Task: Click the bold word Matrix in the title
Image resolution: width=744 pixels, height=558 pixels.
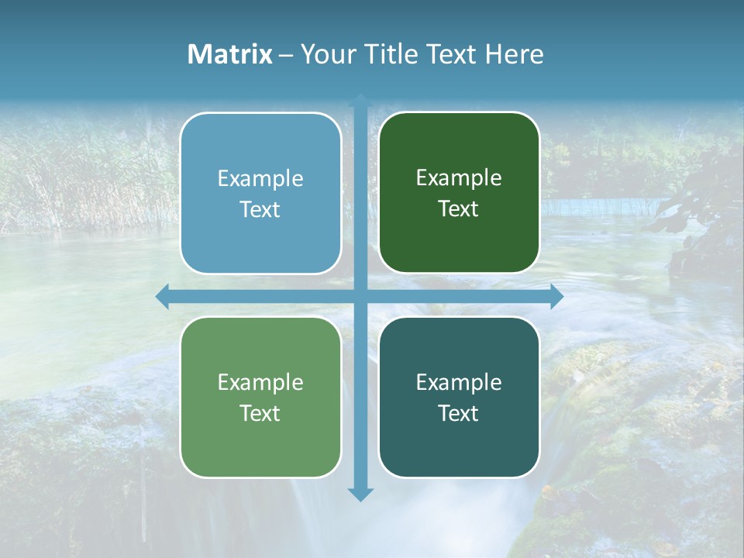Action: click(x=230, y=54)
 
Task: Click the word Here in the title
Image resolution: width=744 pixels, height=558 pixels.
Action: click(x=515, y=54)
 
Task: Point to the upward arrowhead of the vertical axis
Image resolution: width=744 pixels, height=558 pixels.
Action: click(x=360, y=101)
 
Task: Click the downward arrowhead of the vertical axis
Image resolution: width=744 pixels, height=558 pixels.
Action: click(x=360, y=494)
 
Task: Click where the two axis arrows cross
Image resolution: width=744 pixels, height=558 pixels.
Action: click(x=360, y=297)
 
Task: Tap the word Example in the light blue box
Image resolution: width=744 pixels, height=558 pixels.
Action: click(x=260, y=179)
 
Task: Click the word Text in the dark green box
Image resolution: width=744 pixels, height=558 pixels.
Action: click(x=459, y=209)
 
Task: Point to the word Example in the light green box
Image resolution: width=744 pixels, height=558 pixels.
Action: click(x=260, y=383)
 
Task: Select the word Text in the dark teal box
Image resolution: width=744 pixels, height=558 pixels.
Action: click(x=459, y=413)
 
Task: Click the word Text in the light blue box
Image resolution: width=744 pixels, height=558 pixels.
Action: click(x=260, y=210)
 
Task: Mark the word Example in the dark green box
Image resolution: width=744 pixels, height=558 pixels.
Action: click(x=459, y=178)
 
